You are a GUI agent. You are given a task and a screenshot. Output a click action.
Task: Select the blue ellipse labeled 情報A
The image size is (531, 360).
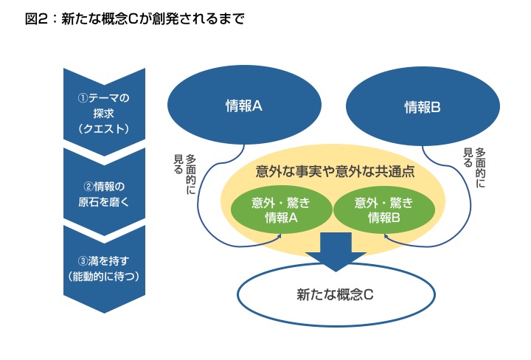tap(244, 106)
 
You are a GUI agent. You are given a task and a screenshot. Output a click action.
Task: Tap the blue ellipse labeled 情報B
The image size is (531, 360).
tap(422, 106)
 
